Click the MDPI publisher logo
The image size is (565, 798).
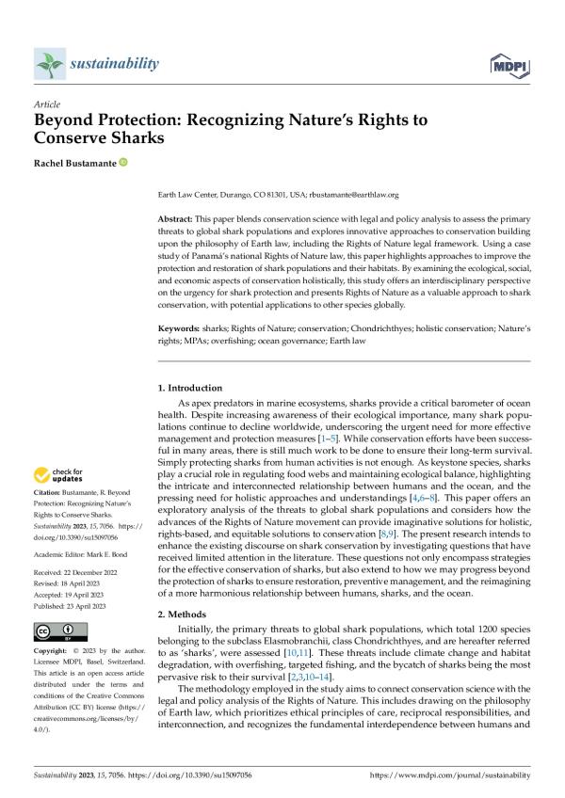click(509, 65)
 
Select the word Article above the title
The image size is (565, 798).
click(46, 104)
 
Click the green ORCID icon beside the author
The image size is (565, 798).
click(122, 163)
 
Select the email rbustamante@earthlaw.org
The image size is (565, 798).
click(355, 195)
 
